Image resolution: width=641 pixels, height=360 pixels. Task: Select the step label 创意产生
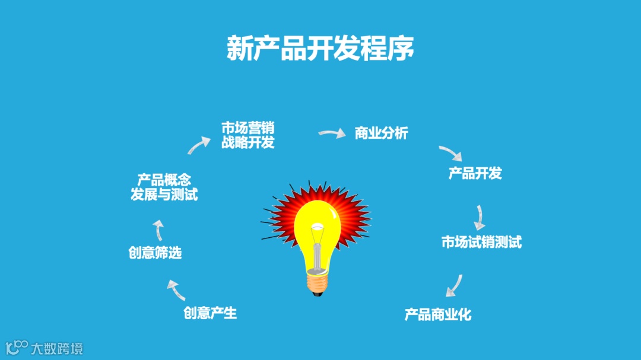pos(210,313)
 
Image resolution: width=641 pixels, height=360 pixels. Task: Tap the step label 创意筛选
pos(155,253)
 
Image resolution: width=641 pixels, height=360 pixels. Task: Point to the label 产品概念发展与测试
pos(164,187)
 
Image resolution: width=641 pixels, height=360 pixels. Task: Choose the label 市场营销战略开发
pos(247,135)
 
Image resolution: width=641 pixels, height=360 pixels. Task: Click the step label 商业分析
pos(381,133)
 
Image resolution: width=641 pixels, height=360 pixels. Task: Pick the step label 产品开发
pos(475,173)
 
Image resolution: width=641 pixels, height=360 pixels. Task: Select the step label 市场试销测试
pos(481,242)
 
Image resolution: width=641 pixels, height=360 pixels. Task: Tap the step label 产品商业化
pos(438,314)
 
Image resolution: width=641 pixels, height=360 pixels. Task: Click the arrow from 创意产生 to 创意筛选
pos(176,290)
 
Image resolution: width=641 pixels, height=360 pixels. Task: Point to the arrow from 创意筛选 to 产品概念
pos(158,230)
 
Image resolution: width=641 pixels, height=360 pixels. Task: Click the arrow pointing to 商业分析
pos(332,133)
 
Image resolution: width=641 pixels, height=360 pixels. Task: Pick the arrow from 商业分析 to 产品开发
pos(450,153)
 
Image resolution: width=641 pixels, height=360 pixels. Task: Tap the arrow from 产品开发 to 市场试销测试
pos(479,217)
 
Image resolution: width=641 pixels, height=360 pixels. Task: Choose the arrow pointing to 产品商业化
pos(454,285)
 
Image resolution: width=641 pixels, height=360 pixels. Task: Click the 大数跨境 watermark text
pos(57,348)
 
